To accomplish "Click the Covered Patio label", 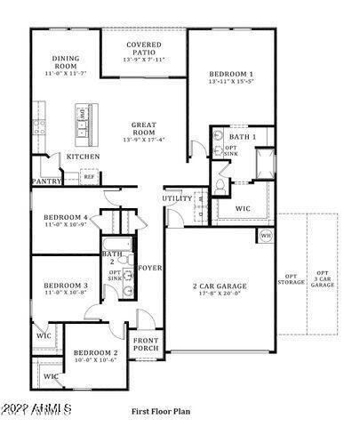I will click(x=143, y=44).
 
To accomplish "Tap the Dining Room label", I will click(x=66, y=60).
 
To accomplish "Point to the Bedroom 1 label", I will click(x=231, y=74).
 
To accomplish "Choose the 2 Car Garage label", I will click(x=220, y=286).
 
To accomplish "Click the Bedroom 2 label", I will click(x=95, y=352).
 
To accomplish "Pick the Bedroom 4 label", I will click(x=66, y=218).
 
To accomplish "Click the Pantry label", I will click(x=46, y=180).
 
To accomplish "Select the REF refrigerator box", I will click(x=89, y=177).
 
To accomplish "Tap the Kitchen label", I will click(x=83, y=157).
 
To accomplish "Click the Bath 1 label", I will click(x=242, y=137).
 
